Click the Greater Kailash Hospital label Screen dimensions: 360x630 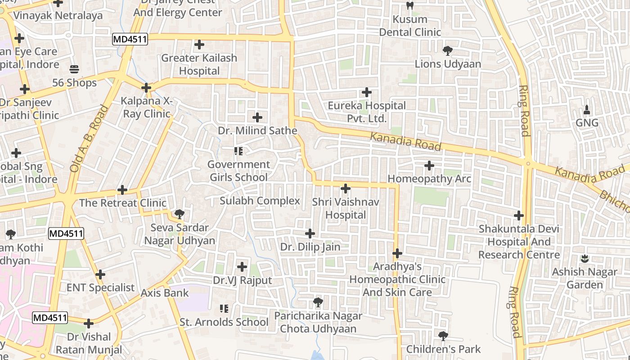click(199, 64)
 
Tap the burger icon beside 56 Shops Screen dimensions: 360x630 click(74, 69)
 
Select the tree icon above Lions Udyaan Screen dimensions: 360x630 click(447, 50)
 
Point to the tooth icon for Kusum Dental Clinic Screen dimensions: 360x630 click(409, 6)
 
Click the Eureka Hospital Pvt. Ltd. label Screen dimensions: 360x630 click(366, 112)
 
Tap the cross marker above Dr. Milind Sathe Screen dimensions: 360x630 click(257, 117)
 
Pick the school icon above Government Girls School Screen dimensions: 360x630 click(238, 151)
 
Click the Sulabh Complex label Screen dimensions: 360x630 click(260, 201)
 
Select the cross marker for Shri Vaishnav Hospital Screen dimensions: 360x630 click(346, 188)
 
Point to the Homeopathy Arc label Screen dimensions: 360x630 click(429, 179)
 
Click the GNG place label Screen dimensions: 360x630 click(587, 123)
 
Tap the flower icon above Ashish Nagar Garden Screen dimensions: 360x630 click(585, 258)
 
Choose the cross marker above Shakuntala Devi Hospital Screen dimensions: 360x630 click(519, 216)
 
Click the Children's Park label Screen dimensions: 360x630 click(443, 349)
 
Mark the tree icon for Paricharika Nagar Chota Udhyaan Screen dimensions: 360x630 click(318, 302)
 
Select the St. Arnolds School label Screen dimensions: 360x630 click(224, 322)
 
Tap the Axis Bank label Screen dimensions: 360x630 click(165, 293)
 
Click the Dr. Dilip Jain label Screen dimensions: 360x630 click(310, 247)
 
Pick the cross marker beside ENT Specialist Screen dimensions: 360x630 click(100, 274)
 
